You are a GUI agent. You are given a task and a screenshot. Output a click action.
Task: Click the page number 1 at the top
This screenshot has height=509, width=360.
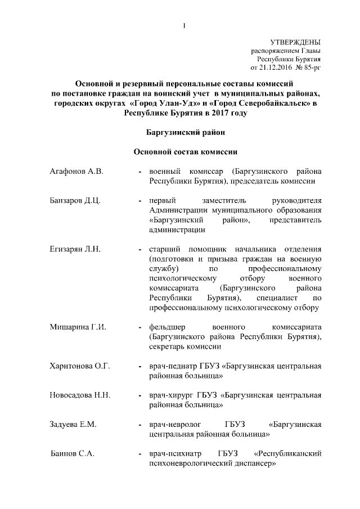coord(184,25)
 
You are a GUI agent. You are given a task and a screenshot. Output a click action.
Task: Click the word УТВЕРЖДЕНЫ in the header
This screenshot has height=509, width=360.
coord(296,42)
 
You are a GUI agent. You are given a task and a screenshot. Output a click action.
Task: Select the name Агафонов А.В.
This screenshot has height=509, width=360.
coord(76,171)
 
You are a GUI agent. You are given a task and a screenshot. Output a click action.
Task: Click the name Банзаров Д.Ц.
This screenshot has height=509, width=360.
coord(75,201)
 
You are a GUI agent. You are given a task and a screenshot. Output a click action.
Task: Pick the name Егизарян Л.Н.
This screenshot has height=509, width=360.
coord(75,249)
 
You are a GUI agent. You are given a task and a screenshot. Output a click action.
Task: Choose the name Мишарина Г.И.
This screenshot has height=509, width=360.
coord(78,327)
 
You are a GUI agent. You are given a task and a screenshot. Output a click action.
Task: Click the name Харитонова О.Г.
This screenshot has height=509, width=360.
coord(79,366)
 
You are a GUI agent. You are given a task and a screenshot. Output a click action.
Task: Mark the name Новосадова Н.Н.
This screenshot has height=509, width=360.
coord(79,395)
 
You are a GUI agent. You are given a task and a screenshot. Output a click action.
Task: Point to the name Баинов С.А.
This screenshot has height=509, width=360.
coord(71,454)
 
